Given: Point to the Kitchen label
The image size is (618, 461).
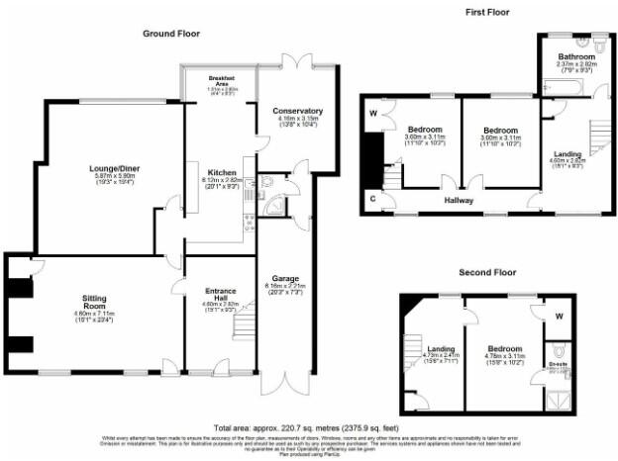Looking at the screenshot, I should coord(221,171).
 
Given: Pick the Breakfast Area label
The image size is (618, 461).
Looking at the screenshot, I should coord(220,78).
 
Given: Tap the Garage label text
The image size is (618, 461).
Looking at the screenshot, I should coord(286,279).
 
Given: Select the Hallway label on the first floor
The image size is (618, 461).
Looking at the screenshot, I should coord(459,201).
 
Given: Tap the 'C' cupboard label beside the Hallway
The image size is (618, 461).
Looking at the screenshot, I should coord(372,199).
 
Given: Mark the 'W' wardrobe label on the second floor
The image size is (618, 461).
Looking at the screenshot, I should coord(559,318).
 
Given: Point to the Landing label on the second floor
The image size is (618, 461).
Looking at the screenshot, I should coord(439,348).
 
